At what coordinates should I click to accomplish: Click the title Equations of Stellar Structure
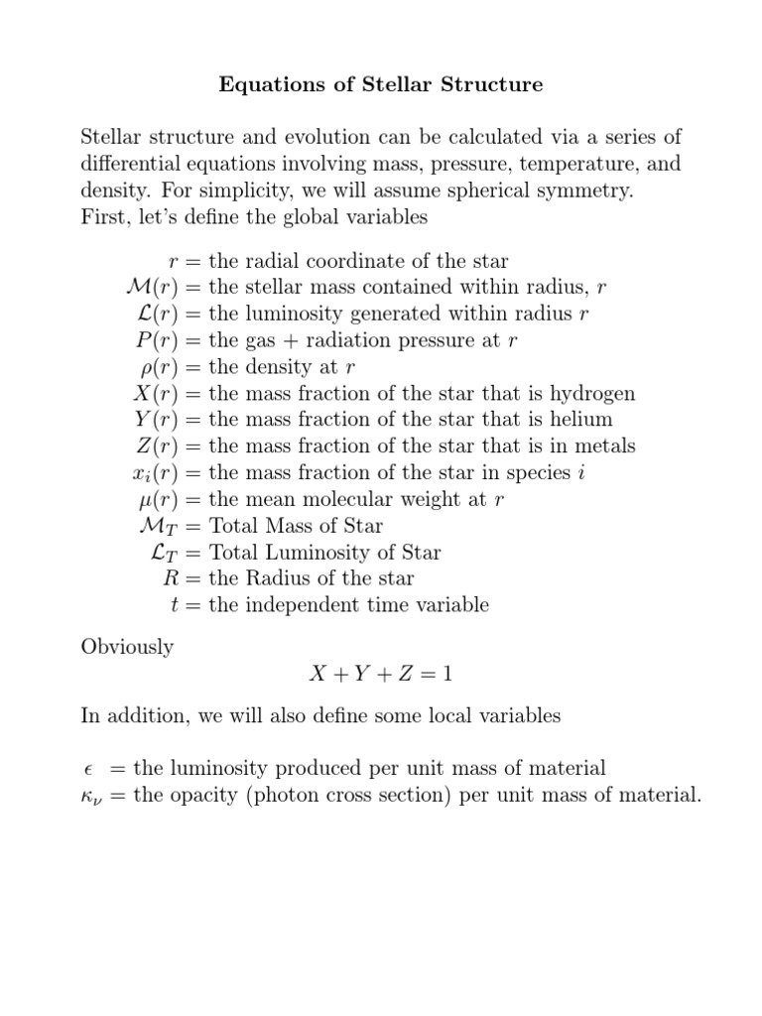(x=380, y=85)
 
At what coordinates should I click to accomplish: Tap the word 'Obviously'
(x=127, y=647)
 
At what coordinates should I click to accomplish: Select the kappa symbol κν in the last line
(x=90, y=796)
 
